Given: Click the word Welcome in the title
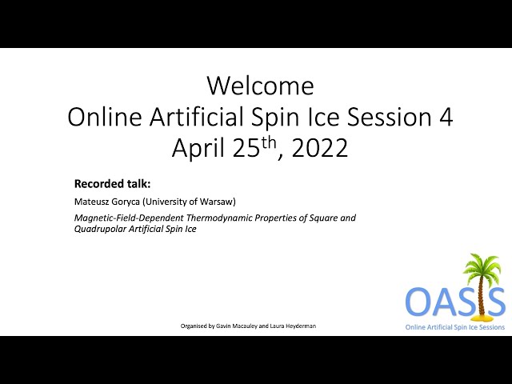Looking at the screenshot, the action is pos(261,86).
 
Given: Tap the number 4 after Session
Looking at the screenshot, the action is pos(446,117).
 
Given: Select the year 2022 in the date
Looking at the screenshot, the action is pos(319,148).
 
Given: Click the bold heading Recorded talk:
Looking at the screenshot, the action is pos(112,184).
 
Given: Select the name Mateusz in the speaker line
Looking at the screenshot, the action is pos(91,202).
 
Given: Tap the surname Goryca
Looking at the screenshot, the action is pos(126,202).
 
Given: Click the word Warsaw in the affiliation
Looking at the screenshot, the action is pos(218,202).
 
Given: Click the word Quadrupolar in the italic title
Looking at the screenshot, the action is pos(100,229).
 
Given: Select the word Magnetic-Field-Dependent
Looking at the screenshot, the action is pos(129,218).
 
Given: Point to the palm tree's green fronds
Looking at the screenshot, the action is pos(482,266).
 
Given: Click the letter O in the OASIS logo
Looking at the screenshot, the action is pos(419,301).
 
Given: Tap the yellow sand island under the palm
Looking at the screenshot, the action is pos(480,317).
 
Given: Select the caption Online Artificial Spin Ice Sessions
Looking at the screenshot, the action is pos(455,327).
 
